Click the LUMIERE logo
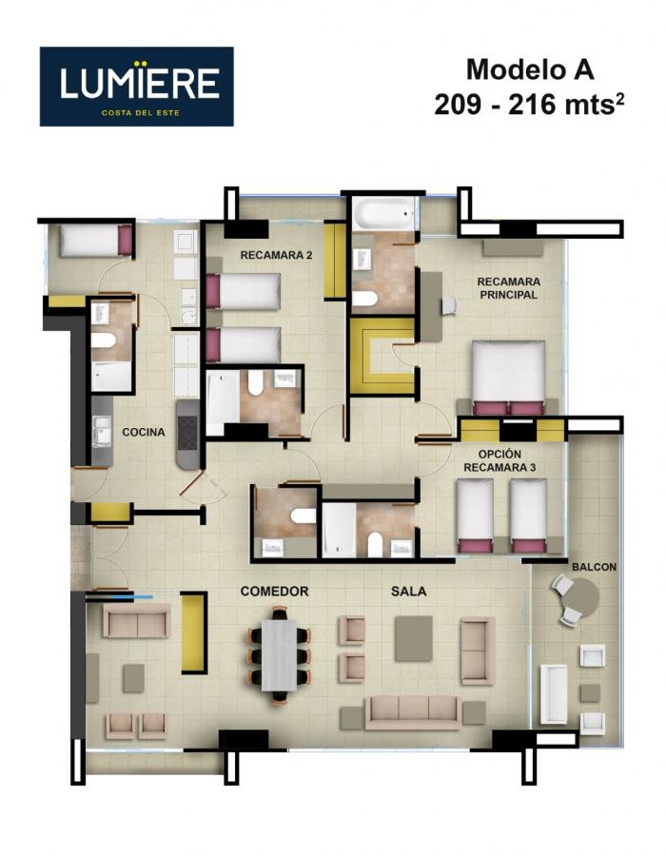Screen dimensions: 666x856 136,87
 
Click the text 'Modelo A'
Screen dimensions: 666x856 530,69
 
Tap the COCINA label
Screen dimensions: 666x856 144,432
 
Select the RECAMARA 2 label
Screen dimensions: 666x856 276,255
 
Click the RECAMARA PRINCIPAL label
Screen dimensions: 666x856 508,288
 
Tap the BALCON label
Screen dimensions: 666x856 594,567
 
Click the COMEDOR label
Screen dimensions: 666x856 275,592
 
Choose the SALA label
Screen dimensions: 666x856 409,592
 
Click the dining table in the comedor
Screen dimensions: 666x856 279,655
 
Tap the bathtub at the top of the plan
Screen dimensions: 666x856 383,213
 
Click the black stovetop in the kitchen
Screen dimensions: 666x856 187,434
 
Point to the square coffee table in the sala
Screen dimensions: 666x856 414,639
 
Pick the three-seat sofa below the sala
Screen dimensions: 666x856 413,712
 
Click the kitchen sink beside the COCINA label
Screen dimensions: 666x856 101,431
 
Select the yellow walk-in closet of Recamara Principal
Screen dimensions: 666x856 382,356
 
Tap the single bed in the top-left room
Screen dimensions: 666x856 96,241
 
